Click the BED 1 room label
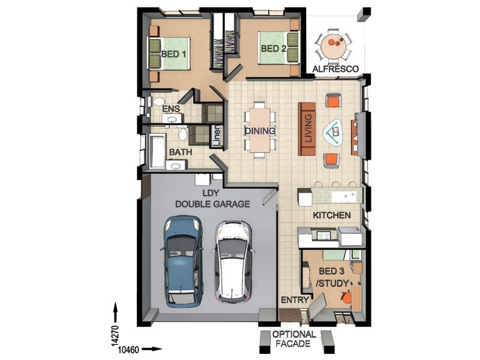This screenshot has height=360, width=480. pyautogui.click(x=173, y=55)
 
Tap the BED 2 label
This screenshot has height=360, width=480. pyautogui.click(x=274, y=49)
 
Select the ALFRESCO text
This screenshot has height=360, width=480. pyautogui.click(x=335, y=69)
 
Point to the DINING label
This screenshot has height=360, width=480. pyautogui.click(x=260, y=131)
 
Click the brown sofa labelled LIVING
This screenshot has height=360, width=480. pyautogui.click(x=307, y=129)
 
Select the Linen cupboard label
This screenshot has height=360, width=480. pyautogui.click(x=217, y=136)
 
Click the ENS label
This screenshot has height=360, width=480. pyautogui.click(x=171, y=109)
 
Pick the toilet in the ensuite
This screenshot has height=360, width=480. pyautogui.click(x=158, y=102)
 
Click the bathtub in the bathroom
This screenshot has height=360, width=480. pyautogui.click(x=157, y=152)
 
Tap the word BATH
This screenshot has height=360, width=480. pyautogui.click(x=181, y=152)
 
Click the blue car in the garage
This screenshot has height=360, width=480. pyautogui.click(x=182, y=261)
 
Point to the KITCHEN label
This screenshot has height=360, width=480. pyautogui.click(x=332, y=215)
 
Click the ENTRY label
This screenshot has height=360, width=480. pyautogui.click(x=295, y=300)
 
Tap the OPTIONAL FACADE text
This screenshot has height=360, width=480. pyautogui.click(x=294, y=339)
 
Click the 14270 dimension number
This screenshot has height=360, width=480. pyautogui.click(x=115, y=335)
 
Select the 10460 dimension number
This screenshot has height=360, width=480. pyautogui.click(x=128, y=349)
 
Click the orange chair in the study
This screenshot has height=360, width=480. pyautogui.click(x=347, y=297)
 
